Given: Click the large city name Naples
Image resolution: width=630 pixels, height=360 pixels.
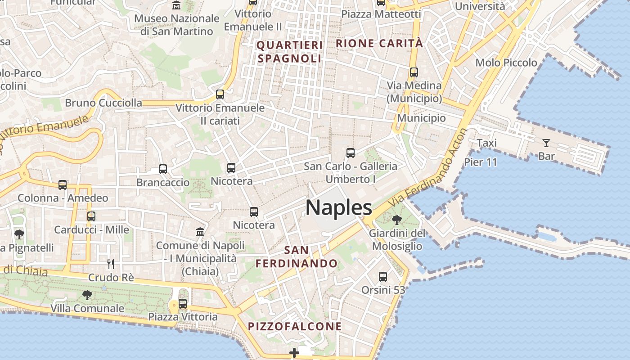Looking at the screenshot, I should tap(339, 207).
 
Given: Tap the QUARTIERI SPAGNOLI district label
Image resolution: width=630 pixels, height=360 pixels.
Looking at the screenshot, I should tap(289, 52).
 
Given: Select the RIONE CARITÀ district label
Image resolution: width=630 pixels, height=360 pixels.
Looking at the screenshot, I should tap(379, 43).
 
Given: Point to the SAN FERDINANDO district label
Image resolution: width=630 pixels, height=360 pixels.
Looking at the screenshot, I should tap(297, 256).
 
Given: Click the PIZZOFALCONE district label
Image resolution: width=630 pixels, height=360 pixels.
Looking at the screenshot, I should tap(295, 326).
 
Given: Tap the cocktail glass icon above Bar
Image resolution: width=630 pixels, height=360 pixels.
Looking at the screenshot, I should tap(546, 143).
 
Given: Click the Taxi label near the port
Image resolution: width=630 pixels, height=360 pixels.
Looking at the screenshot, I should tap(486, 143).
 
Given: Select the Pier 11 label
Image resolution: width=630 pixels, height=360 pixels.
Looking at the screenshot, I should tap(481, 162).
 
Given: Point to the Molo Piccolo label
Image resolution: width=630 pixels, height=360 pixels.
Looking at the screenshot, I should tap(506, 63).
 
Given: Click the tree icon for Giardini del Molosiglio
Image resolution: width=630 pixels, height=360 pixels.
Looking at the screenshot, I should tap(396, 220).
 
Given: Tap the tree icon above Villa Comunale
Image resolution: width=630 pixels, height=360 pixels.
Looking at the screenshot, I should tap(87, 295).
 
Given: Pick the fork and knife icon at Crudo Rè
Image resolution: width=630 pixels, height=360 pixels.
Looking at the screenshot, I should tap(111, 264).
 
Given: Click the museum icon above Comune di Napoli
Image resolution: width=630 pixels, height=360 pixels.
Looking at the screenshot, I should tap(200, 232).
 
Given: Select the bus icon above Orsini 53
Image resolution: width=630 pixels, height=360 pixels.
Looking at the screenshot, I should tap(383, 276).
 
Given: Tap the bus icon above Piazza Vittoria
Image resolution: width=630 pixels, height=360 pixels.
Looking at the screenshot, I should tap(183, 303).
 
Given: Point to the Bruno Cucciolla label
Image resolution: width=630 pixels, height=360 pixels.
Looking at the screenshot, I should tap(103, 103).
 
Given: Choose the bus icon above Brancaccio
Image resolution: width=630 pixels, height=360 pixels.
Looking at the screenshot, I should tap(163, 169).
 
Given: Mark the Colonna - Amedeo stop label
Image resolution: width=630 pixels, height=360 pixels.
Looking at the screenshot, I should tap(63, 198).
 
